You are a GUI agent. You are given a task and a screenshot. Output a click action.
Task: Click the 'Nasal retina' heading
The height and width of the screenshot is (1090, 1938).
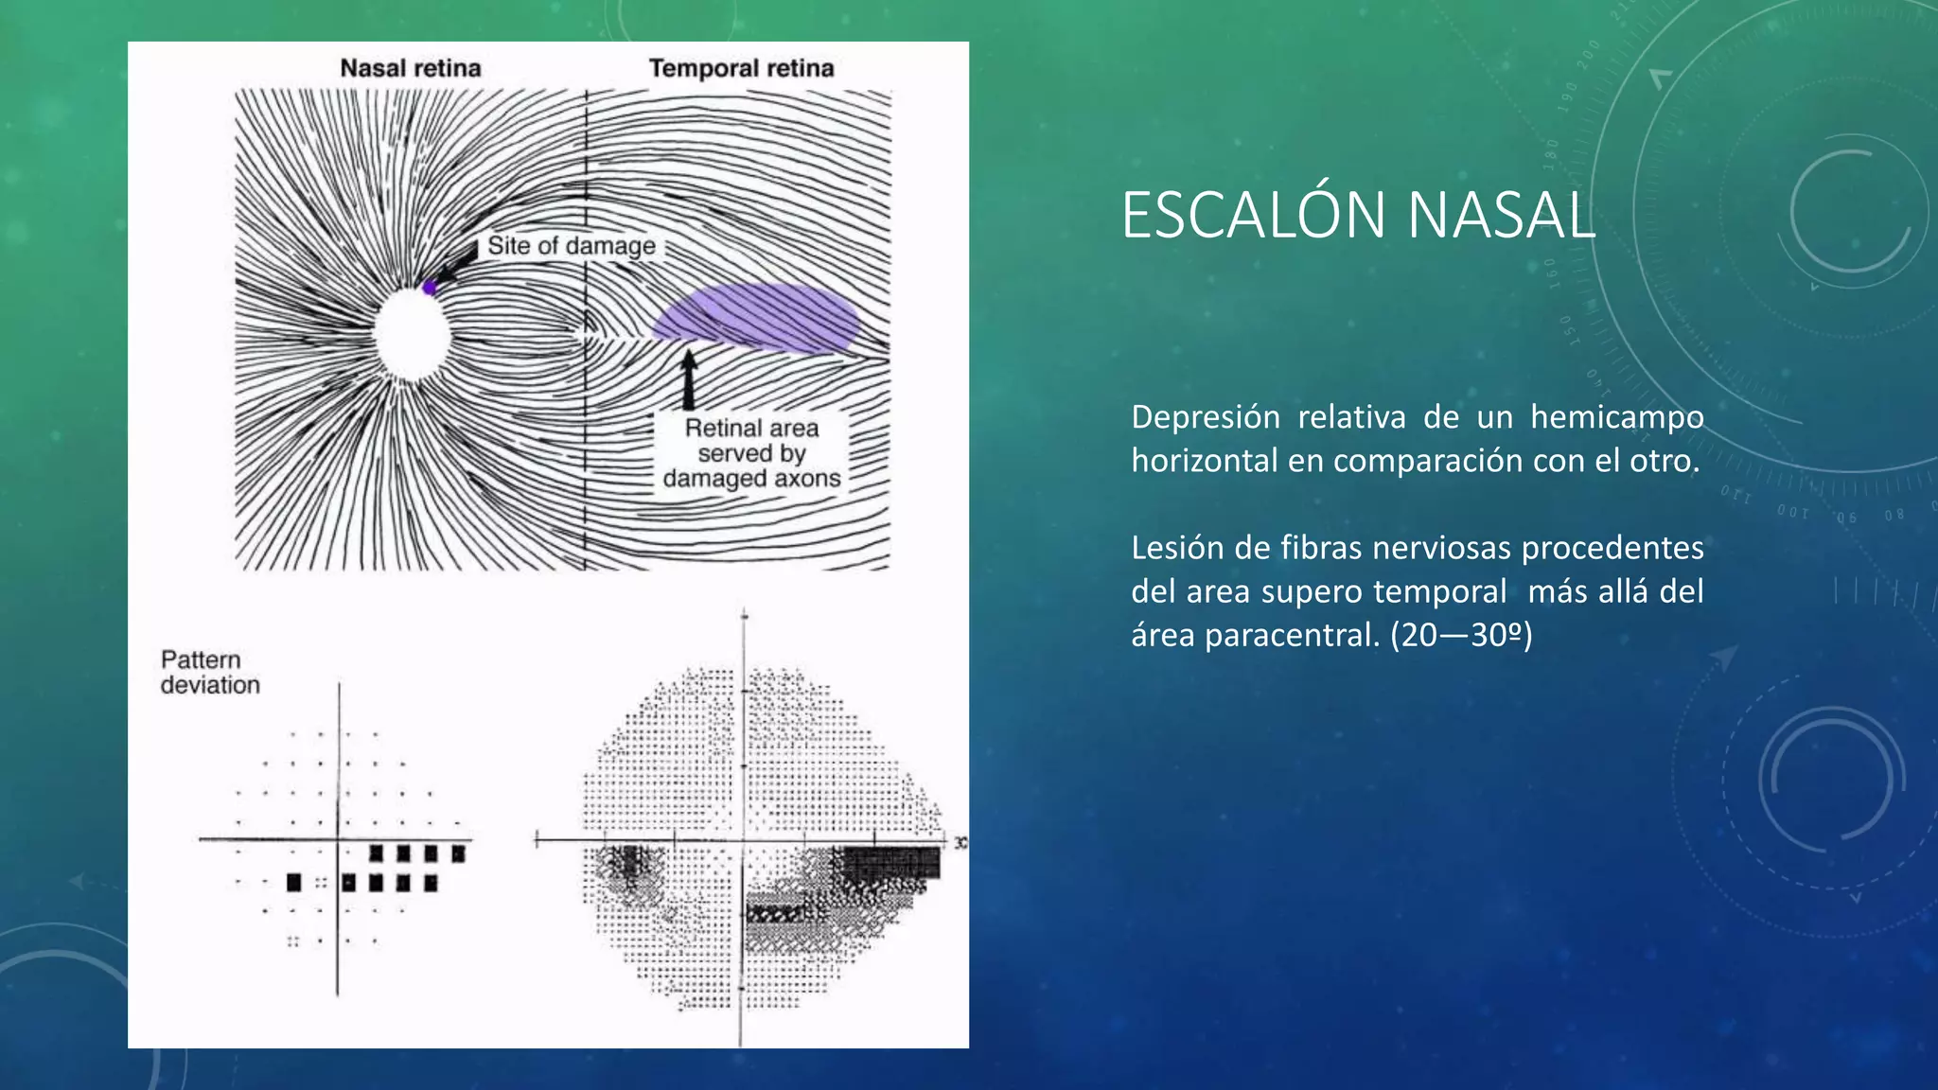pyautogui.click(x=411, y=68)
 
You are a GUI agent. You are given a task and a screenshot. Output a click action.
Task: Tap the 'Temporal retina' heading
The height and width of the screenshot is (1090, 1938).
pyautogui.click(x=741, y=68)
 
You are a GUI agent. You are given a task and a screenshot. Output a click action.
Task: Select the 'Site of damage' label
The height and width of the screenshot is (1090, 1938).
pyautogui.click(x=571, y=246)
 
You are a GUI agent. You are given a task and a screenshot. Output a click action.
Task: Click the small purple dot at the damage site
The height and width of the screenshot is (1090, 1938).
pyautogui.click(x=430, y=288)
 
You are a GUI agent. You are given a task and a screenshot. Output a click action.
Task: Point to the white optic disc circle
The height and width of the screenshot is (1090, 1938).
pyautogui.click(x=412, y=334)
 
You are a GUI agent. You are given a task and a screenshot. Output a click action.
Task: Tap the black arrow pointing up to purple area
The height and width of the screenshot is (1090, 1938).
pyautogui.click(x=689, y=378)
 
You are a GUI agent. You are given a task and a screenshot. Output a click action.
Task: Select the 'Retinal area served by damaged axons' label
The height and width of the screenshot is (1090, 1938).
pyautogui.click(x=751, y=453)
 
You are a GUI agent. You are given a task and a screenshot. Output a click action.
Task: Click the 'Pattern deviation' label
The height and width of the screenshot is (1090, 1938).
pyautogui.click(x=209, y=672)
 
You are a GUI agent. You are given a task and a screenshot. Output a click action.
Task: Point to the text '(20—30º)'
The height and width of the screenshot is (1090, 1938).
pyautogui.click(x=1461, y=635)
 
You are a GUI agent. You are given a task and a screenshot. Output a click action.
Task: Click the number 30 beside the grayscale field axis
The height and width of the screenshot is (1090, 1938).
pyautogui.click(x=960, y=842)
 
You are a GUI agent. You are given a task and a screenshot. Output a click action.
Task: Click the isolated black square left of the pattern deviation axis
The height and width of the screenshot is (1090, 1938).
pyautogui.click(x=293, y=883)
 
